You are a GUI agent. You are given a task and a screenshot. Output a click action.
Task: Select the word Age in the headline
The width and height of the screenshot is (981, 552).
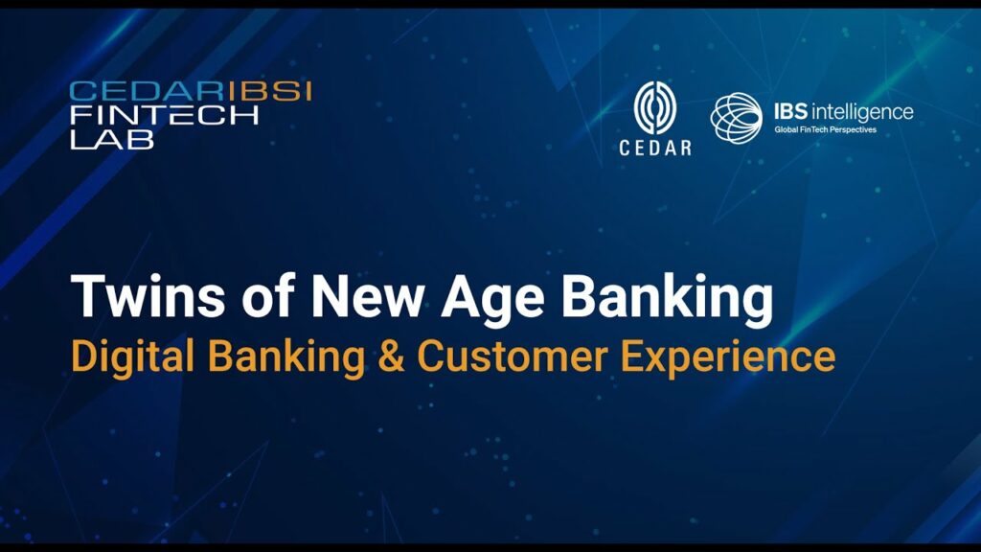493,300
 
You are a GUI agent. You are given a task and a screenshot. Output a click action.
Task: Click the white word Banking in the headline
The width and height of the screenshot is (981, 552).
667,300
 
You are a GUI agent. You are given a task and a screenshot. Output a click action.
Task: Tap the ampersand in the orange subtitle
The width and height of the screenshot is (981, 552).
391,356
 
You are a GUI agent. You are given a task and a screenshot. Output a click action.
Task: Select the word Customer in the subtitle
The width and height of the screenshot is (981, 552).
513,356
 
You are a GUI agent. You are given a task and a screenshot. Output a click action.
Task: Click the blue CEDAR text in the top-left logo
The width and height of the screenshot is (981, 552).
147,91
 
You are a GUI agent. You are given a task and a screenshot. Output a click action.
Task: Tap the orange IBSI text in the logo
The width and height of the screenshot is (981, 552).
269,91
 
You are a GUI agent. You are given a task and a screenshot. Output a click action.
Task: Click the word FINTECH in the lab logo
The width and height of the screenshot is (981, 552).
164,115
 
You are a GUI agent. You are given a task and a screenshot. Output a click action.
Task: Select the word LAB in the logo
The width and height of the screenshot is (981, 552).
111,139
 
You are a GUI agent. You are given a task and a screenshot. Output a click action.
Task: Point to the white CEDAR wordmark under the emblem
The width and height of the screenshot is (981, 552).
655,148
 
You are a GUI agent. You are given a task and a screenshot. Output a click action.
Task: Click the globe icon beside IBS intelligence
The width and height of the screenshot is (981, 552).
737,117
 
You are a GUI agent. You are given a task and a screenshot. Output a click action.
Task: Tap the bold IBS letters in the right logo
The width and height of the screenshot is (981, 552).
790,111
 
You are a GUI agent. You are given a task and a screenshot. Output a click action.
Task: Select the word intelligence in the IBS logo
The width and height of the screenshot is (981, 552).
862,113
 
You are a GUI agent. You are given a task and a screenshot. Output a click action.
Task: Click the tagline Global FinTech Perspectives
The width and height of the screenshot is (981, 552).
825,130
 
